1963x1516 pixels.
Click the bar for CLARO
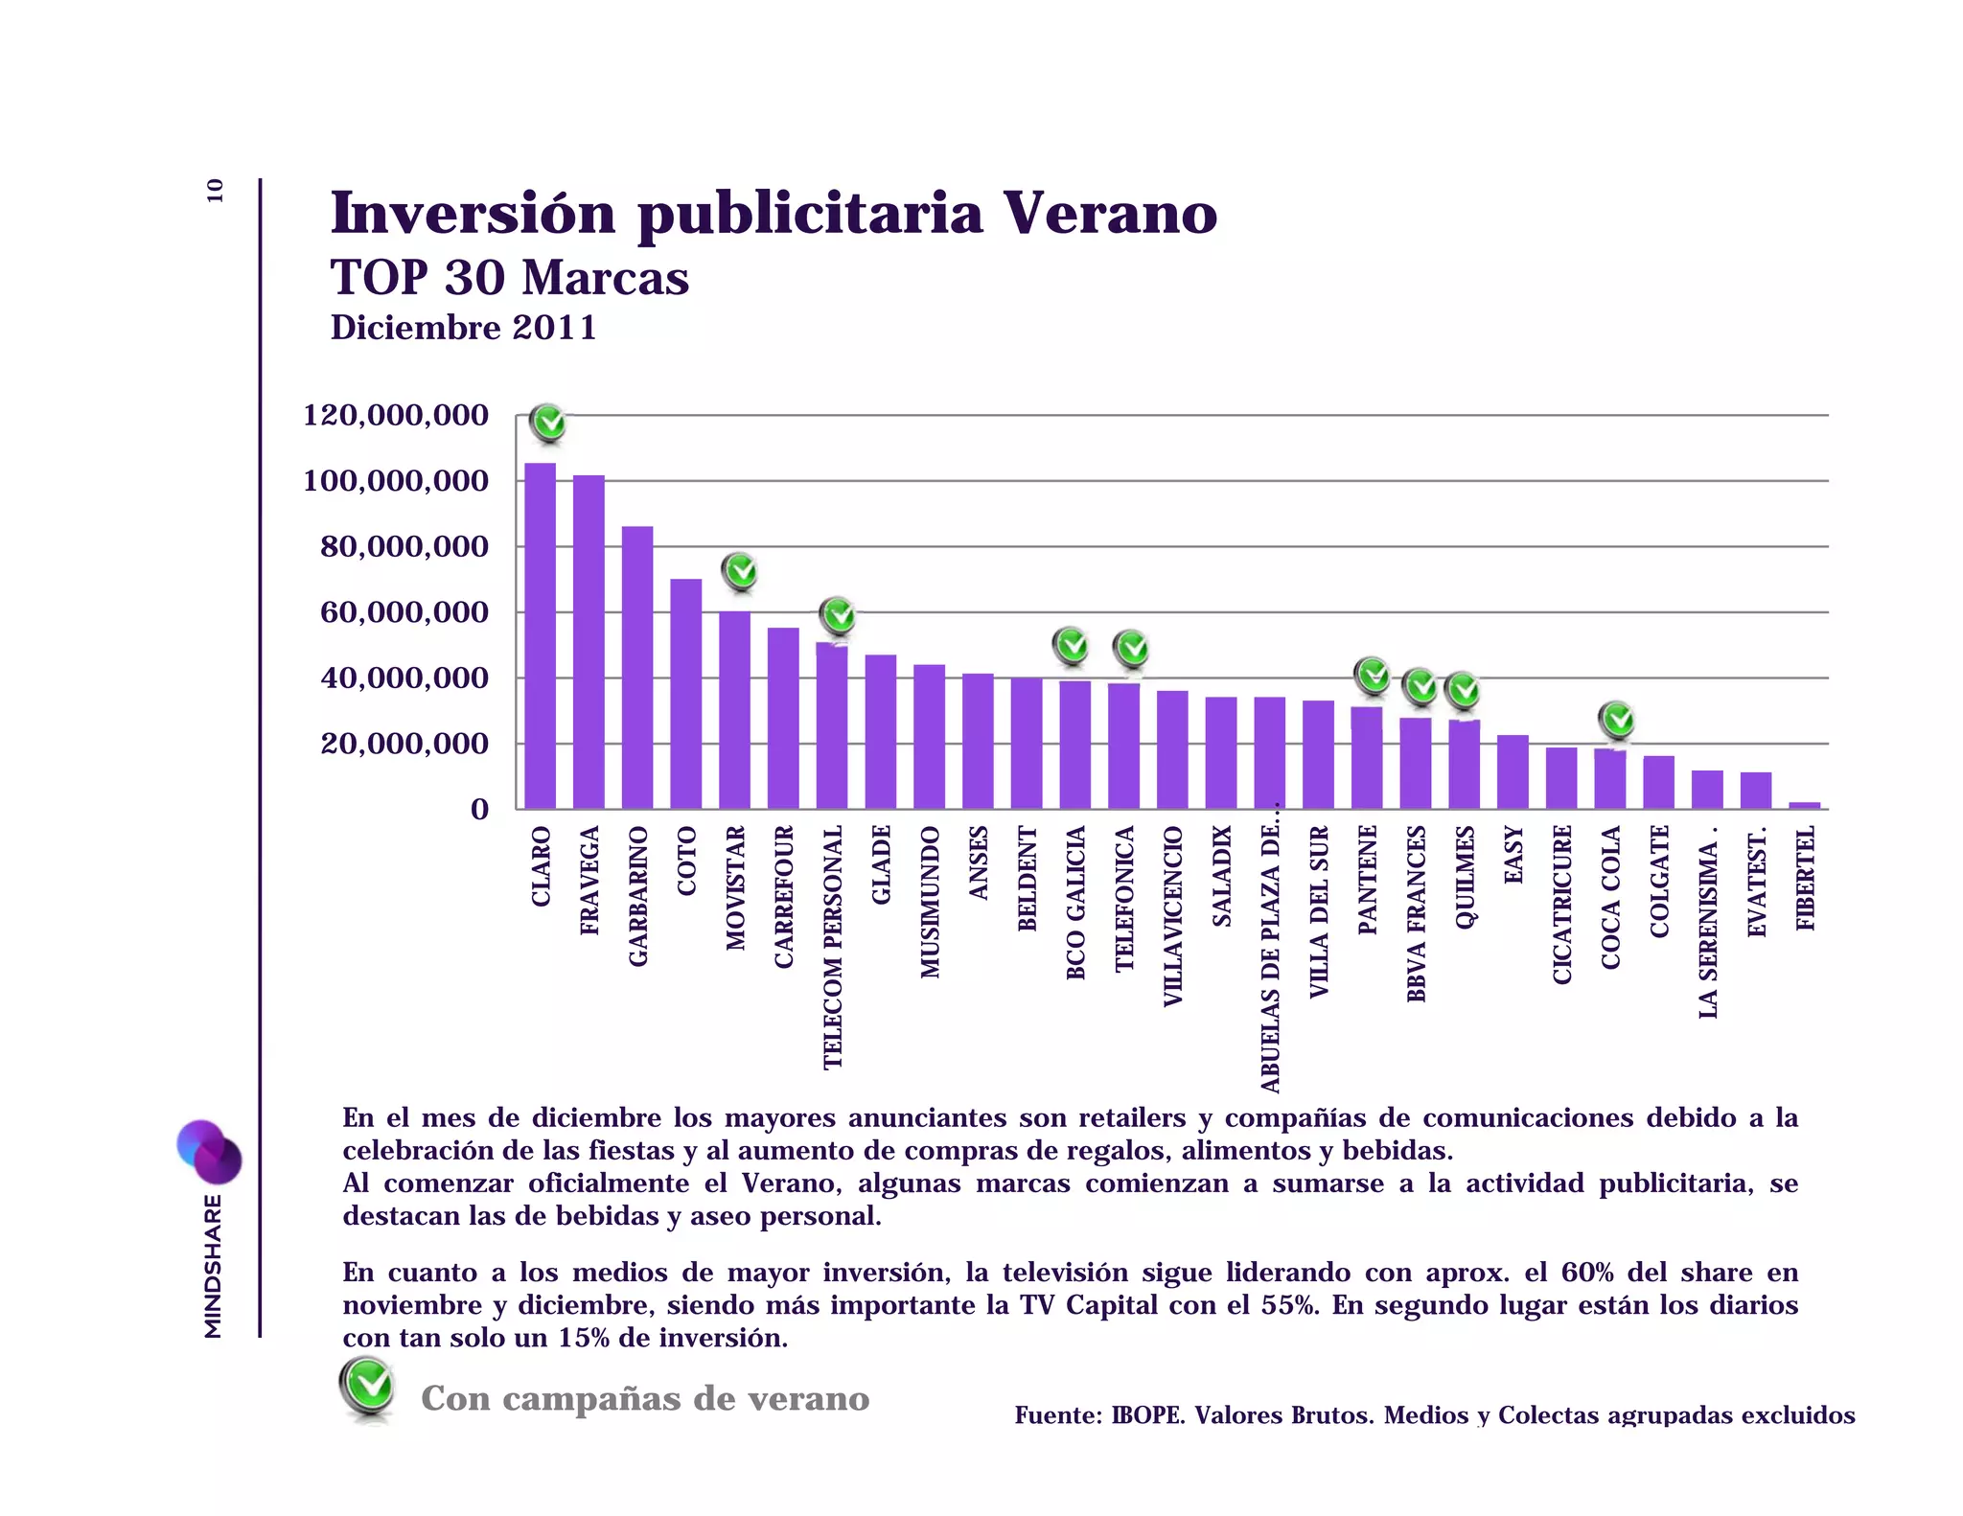pos(540,636)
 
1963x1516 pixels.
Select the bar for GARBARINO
pos(637,668)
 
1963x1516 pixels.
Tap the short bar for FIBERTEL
pos(1804,805)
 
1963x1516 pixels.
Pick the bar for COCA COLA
pos(1609,778)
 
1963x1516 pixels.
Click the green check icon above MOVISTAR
pos(740,572)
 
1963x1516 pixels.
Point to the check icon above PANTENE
pos(1373,676)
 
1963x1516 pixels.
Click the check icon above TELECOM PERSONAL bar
pos(839,616)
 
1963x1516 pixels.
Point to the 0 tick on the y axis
pos(479,810)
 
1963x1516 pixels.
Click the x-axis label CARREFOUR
pos(783,896)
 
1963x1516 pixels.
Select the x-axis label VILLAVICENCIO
pos(1172,915)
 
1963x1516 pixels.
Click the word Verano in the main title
pos(1110,213)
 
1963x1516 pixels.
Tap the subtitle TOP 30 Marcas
pos(509,278)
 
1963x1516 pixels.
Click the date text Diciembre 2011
pos(463,328)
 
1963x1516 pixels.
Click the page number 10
pos(215,191)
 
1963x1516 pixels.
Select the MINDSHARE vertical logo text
pos(214,1265)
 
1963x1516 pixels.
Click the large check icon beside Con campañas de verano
pos(367,1386)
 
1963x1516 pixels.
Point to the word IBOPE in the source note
pos(1146,1415)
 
